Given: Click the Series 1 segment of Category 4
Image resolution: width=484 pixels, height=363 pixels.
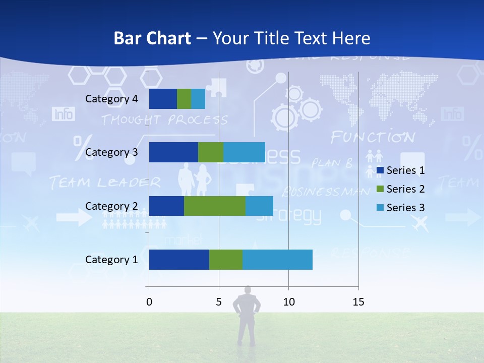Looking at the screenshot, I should point(163,99).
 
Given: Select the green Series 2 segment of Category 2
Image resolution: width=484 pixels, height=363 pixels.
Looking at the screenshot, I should point(215,206).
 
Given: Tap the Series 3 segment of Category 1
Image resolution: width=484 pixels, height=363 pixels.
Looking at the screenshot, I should point(277,260).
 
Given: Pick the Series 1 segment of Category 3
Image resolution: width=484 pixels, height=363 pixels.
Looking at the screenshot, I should point(173,152).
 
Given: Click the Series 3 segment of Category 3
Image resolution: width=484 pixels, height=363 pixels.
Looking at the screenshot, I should point(244,152).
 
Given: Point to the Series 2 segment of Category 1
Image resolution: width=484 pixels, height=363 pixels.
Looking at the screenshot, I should point(226,260).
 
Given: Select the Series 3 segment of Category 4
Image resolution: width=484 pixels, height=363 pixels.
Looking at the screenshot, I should point(198,99).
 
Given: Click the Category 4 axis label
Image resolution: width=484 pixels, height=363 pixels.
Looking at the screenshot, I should point(111,99).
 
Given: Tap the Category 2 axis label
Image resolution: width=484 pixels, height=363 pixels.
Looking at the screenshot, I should point(111,206).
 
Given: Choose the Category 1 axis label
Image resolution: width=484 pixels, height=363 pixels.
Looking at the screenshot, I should point(111,260).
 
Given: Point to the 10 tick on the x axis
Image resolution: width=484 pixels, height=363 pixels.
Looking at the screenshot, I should point(288,302).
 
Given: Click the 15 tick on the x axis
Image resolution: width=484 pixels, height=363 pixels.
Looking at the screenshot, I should point(358,302).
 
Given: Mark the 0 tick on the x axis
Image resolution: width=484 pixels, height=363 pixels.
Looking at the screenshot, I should point(149,302).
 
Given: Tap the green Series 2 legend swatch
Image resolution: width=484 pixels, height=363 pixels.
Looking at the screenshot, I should point(380,189).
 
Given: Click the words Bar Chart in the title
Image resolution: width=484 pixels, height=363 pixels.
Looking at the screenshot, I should point(152,38).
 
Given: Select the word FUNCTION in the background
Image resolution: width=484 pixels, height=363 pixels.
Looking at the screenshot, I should point(373,137).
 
